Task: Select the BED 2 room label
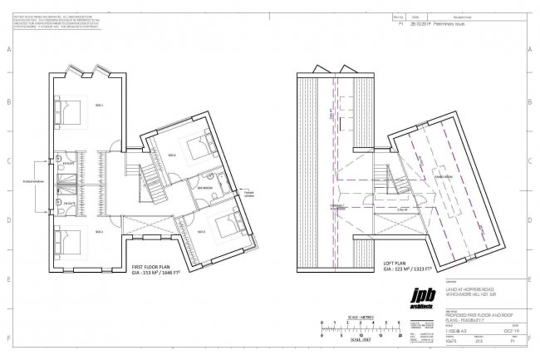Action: pos(97,232)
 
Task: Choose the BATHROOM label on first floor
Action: pos(203,188)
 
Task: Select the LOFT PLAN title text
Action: pos(396,266)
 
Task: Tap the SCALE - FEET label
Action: pos(359,340)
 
